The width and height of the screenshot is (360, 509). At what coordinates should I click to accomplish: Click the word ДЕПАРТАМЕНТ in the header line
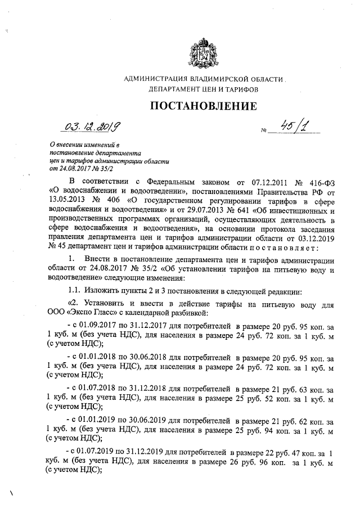click(x=174, y=89)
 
